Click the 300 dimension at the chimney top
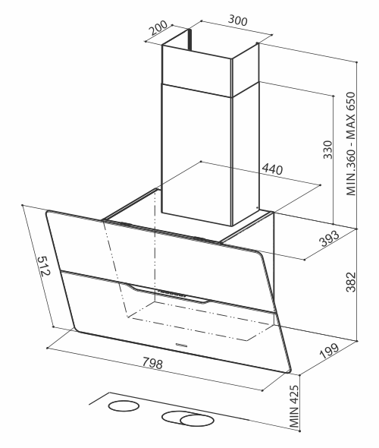[238, 21]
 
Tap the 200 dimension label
[158, 27]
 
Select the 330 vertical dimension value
[328, 150]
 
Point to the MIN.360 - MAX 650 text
[351, 144]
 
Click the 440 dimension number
[272, 169]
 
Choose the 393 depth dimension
[330, 238]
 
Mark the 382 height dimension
[351, 282]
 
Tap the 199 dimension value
[329, 351]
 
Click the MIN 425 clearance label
[294, 406]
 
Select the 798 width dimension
[152, 363]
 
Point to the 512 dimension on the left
[44, 266]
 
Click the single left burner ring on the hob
[124, 405]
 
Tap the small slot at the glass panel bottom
[181, 345]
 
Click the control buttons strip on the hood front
[172, 293]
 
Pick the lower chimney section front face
[197, 154]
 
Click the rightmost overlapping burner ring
[197, 421]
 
